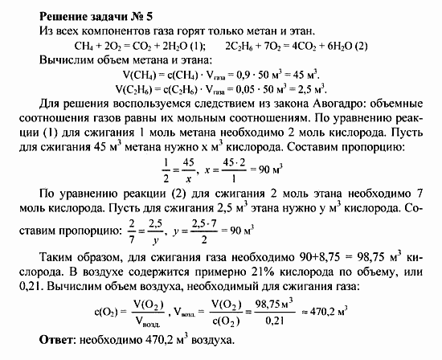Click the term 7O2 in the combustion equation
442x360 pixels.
pos(283,44)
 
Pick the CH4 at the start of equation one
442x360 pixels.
pos(84,44)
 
